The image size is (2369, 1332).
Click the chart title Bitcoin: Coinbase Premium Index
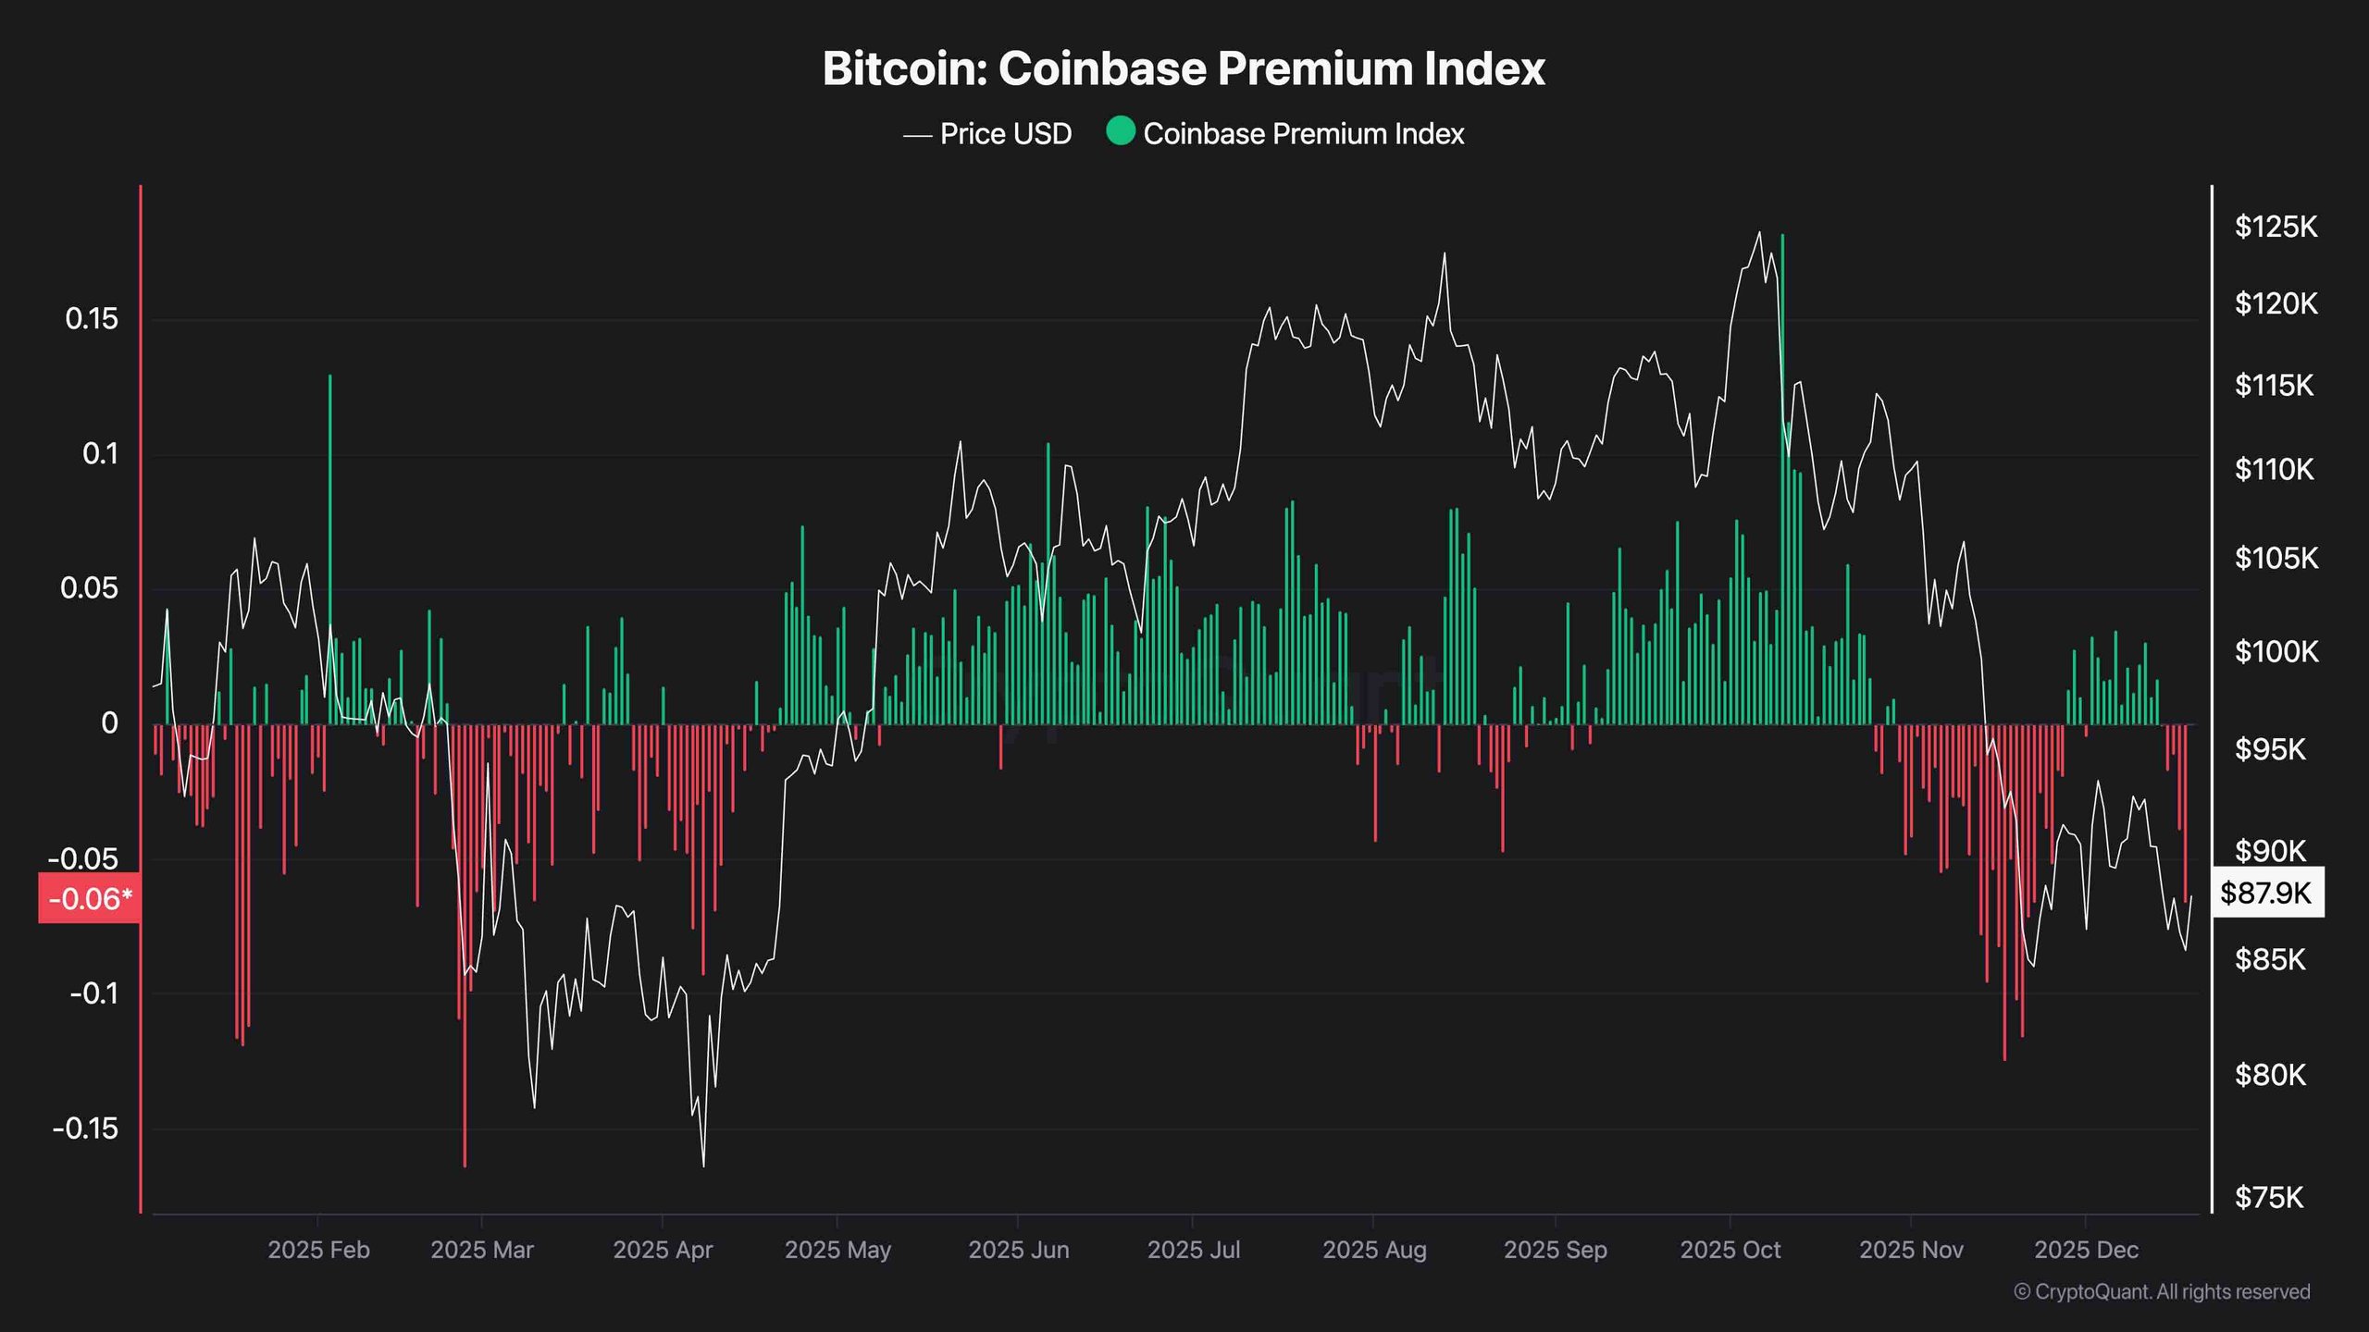[x=1184, y=68]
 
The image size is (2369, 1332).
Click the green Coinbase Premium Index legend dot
[x=1120, y=131]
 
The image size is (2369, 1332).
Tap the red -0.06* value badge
[x=90, y=898]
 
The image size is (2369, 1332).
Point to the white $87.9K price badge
[x=2266, y=893]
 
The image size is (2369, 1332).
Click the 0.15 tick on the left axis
[x=92, y=319]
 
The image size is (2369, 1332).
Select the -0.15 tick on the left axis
[x=85, y=1128]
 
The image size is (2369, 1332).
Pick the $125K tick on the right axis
[x=2276, y=227]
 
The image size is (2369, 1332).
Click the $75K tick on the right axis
[x=2268, y=1198]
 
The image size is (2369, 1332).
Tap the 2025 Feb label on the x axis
[x=318, y=1250]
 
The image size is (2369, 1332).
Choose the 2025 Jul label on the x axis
[x=1193, y=1250]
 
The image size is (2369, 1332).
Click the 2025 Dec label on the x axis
[x=2086, y=1250]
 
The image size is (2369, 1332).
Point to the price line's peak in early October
[x=1759, y=232]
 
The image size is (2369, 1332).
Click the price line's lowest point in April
[x=703, y=1165]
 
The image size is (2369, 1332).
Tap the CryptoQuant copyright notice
[x=2162, y=1291]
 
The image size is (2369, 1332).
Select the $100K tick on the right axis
[x=2276, y=652]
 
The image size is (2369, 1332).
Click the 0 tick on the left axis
[x=109, y=723]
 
